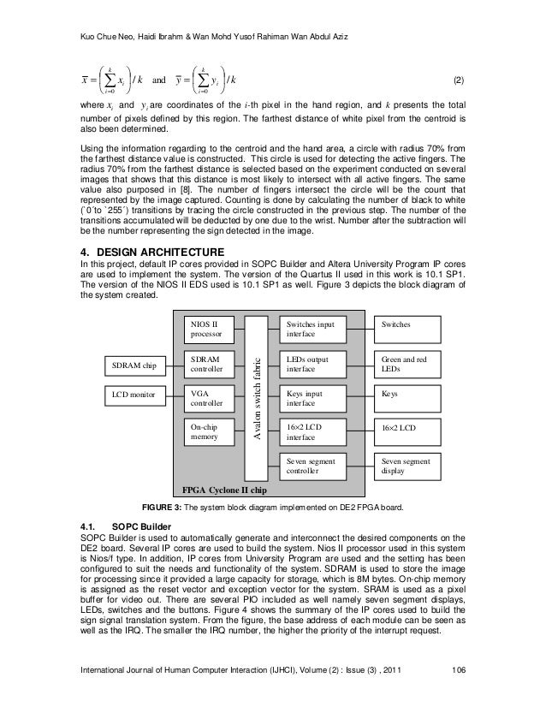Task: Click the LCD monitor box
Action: pos(134,398)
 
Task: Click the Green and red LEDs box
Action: pos(409,363)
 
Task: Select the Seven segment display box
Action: pos(409,465)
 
